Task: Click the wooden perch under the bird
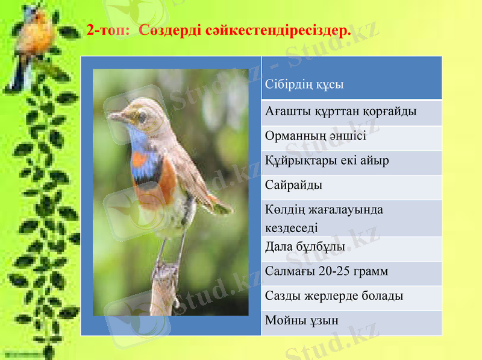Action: pyautogui.click(x=163, y=289)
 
